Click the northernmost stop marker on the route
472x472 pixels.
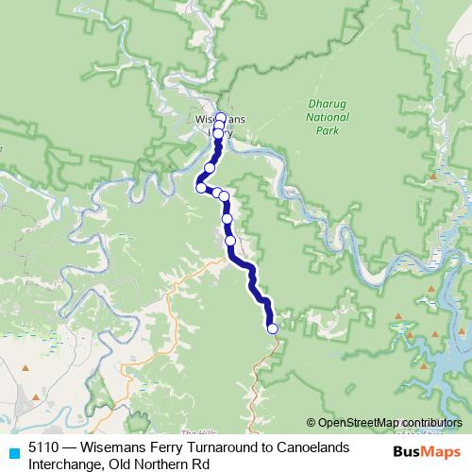click(221, 118)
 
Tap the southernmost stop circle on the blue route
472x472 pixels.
click(273, 329)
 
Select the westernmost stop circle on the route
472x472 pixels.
click(201, 187)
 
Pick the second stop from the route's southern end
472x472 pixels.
click(230, 240)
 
